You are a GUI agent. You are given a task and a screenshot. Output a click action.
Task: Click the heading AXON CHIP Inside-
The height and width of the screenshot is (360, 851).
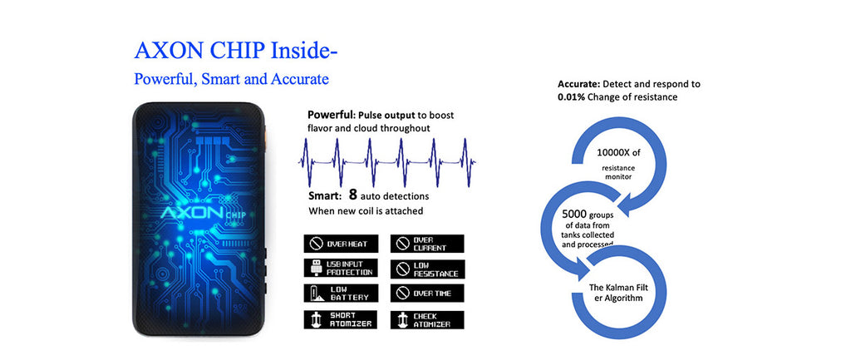(236, 51)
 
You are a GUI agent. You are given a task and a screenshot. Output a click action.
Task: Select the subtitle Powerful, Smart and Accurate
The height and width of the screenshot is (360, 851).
(231, 79)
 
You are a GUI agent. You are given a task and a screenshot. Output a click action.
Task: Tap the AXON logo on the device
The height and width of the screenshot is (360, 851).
(192, 212)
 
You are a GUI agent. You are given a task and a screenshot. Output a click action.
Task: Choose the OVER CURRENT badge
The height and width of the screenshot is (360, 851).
(427, 244)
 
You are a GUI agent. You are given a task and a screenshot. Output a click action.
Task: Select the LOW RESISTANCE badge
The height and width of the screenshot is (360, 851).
(427, 269)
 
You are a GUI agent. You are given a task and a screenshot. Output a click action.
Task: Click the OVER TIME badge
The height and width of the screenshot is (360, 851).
(427, 293)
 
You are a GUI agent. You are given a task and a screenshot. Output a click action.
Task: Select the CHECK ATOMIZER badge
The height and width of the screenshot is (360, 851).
(427, 319)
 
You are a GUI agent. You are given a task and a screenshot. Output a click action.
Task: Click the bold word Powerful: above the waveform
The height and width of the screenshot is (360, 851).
(331, 116)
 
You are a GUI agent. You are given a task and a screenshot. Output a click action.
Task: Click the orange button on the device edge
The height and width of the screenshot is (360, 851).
(267, 134)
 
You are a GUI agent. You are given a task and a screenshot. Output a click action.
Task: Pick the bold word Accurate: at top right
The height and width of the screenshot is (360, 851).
(578, 84)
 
